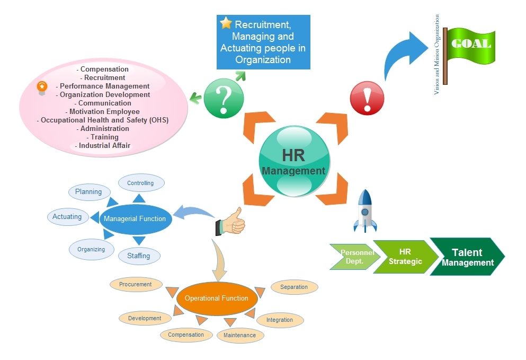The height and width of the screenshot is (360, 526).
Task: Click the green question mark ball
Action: tap(224, 98)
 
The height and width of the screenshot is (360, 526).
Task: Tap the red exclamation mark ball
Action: tap(367, 98)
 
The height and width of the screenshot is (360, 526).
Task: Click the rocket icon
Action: tap(365, 211)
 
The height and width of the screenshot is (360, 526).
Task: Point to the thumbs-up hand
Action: tap(231, 222)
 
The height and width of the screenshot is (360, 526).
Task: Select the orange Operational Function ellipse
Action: tap(216, 298)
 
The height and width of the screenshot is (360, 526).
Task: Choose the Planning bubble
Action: tap(88, 191)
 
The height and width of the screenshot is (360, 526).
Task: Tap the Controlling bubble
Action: tap(140, 183)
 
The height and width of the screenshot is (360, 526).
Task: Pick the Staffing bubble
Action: tap(138, 256)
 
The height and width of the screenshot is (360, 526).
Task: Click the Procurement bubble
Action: tap(135, 284)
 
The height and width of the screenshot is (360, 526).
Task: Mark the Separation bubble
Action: tap(294, 287)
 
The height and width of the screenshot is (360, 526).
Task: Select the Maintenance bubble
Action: tap(239, 335)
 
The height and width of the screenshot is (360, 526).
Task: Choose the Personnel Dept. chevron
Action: tap(356, 257)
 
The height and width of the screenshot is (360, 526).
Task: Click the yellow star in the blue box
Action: tap(226, 23)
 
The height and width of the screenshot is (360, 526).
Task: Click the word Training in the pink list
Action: tap(104, 137)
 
